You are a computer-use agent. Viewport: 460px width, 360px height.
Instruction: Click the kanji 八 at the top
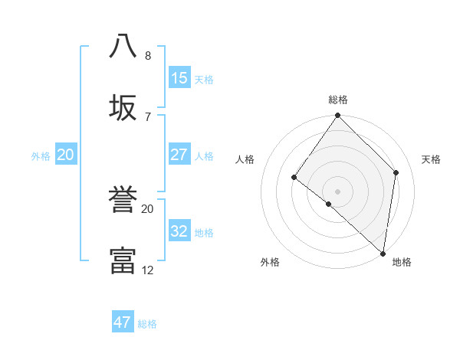tap(123, 45)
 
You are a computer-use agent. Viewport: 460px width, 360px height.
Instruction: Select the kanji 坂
tap(123, 107)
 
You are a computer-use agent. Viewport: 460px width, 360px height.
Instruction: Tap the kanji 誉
tap(123, 201)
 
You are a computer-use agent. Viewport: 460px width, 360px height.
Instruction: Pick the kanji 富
tap(123, 260)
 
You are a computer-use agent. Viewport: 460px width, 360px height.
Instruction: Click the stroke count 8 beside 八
tap(148, 55)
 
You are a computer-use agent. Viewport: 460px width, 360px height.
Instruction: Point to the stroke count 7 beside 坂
tap(148, 116)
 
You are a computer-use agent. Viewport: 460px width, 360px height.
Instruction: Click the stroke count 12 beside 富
tap(148, 270)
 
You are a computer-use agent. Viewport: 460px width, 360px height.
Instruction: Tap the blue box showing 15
tap(179, 78)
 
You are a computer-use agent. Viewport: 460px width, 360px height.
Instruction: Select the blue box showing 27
tap(179, 155)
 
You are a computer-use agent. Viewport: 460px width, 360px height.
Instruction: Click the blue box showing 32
tap(179, 231)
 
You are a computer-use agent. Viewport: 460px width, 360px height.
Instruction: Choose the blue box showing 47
tap(123, 322)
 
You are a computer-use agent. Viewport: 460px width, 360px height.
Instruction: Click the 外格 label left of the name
tap(41, 156)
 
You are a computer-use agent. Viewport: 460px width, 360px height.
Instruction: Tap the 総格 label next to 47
tap(147, 324)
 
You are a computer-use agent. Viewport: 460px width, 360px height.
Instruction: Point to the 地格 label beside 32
tap(204, 233)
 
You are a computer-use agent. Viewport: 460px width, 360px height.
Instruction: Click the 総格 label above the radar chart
tap(338, 100)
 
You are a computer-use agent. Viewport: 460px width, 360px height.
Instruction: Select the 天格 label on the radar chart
tap(432, 159)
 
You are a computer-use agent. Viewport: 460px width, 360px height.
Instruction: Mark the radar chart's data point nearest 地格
tap(383, 253)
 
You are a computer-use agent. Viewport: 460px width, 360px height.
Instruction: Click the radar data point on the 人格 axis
tap(294, 177)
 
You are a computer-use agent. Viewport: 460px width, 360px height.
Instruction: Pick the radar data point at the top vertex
tap(337, 116)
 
